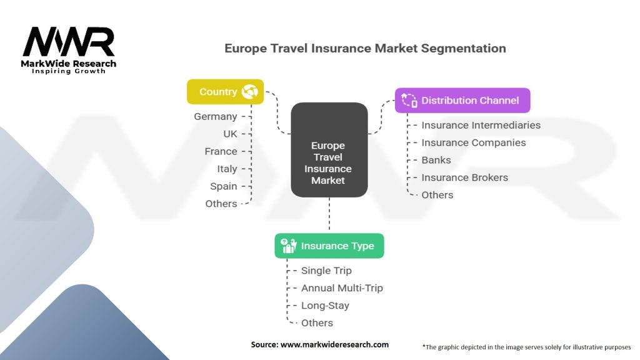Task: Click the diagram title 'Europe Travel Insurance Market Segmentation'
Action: click(x=365, y=48)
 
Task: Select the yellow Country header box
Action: click(x=225, y=92)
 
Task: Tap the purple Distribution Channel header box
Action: click(x=462, y=101)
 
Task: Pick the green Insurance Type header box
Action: click(x=329, y=246)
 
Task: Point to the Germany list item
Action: click(x=216, y=116)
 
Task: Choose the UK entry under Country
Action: click(x=230, y=134)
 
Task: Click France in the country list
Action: click(x=221, y=151)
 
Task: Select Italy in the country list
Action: click(x=227, y=169)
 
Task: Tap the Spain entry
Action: click(x=223, y=186)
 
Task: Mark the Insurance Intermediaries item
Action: click(x=481, y=125)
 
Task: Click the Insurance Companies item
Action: click(x=473, y=142)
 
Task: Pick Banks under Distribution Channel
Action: click(x=436, y=160)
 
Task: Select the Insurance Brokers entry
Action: click(x=464, y=177)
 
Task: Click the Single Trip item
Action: click(x=326, y=271)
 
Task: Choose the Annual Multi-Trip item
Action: click(x=342, y=288)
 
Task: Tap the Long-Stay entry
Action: click(x=325, y=306)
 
